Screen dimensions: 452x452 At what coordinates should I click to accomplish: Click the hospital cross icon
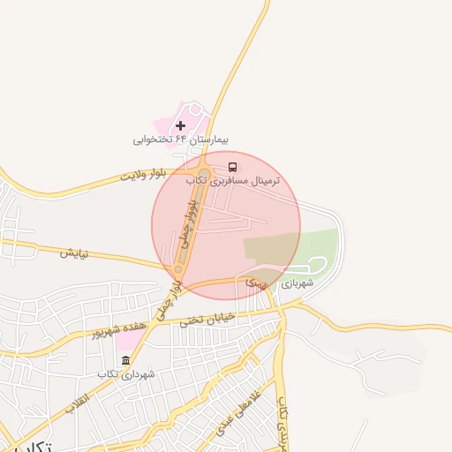181,126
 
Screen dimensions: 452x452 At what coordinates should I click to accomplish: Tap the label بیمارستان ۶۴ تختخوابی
181,139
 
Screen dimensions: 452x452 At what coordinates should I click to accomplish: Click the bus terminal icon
233,166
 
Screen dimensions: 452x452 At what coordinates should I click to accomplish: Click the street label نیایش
75,252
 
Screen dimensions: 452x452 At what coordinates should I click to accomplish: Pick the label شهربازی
298,284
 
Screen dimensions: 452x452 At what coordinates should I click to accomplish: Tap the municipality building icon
124,360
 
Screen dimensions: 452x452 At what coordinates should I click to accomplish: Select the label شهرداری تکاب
126,374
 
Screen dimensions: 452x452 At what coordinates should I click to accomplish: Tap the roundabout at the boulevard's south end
179,268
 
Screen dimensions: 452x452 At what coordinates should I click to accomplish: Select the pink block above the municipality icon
128,340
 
